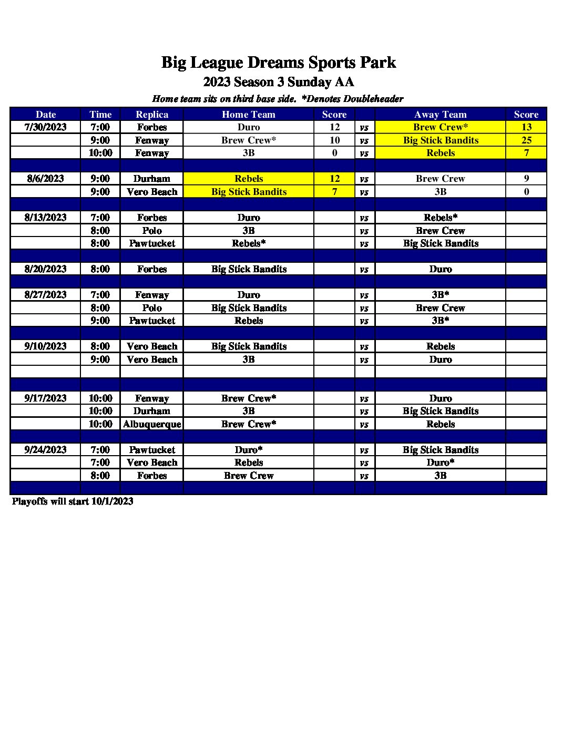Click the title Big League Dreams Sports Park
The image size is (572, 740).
tap(278, 63)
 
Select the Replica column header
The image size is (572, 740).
tap(152, 115)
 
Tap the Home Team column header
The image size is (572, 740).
tap(248, 115)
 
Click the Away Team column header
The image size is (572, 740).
tap(440, 115)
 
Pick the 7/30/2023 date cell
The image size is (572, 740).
tap(46, 127)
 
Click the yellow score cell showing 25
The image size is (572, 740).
tap(526, 140)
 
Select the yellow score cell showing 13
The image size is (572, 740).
tap(526, 127)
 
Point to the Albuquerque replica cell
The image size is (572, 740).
tap(152, 424)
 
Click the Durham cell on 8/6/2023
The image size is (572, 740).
tap(152, 179)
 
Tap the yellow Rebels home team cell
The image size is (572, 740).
tap(248, 179)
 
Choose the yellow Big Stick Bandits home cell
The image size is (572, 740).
tap(248, 192)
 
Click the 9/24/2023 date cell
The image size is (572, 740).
tap(46, 450)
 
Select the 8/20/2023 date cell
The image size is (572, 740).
tap(46, 269)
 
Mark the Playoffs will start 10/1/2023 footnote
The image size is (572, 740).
tap(73, 501)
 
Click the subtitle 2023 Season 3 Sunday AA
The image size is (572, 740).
tap(278, 82)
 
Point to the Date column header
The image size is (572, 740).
tap(46, 115)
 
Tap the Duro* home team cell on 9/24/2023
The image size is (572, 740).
tap(248, 450)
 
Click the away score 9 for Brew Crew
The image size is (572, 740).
tap(526, 179)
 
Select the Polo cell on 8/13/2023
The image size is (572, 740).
tap(152, 231)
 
